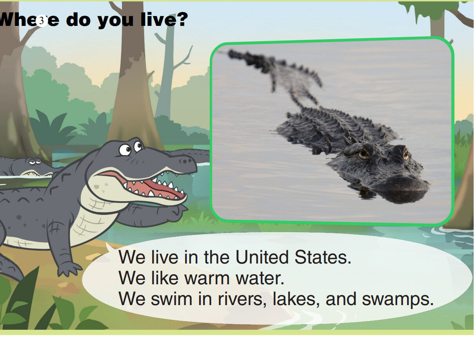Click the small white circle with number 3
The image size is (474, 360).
(42, 21)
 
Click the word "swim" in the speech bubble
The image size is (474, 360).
(172, 299)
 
